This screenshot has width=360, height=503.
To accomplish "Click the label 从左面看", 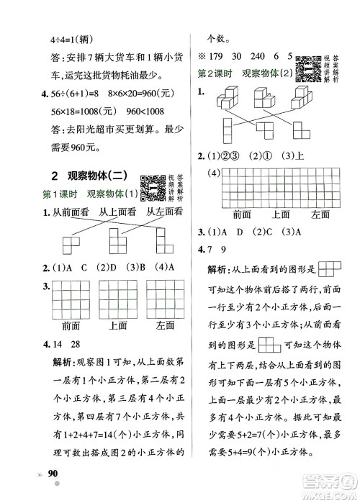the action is tap(162, 212).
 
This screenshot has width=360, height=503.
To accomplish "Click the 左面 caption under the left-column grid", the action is tap(165, 325).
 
